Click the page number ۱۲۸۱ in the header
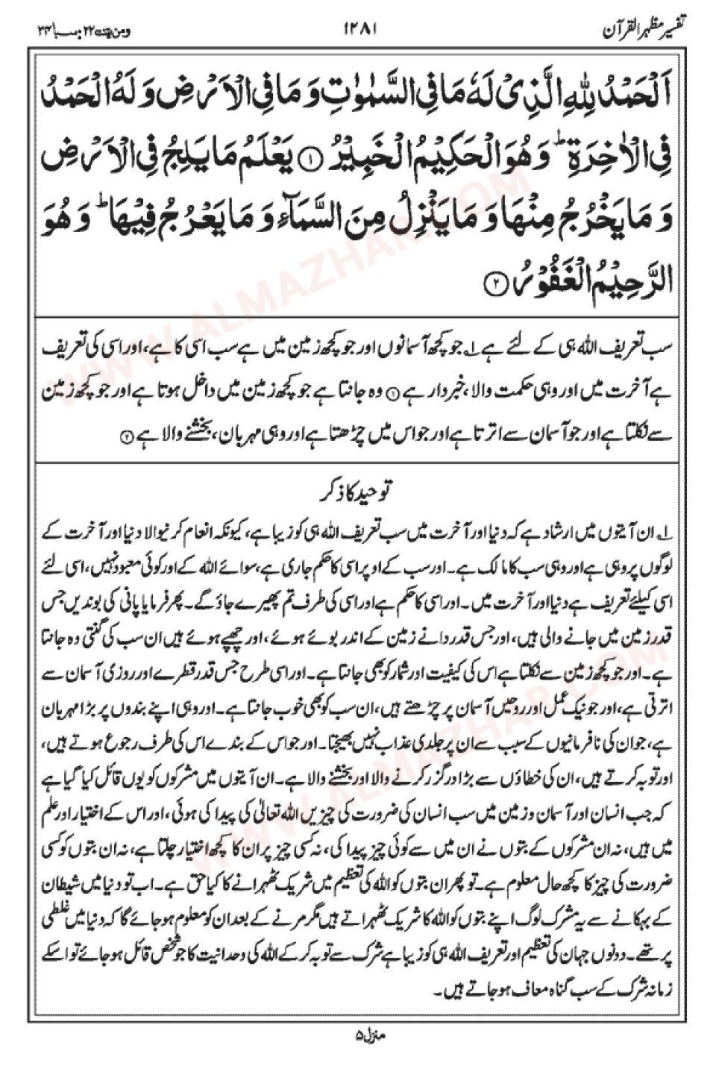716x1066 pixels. click(361, 30)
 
